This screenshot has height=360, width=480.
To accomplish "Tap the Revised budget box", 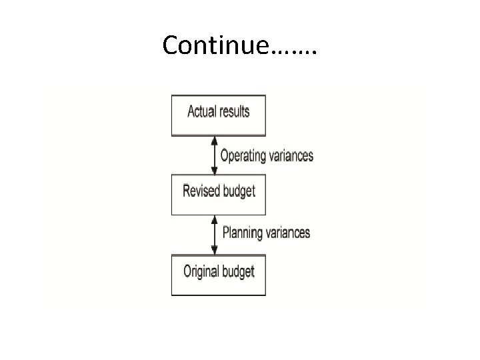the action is point(218,194).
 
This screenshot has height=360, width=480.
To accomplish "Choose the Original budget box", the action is point(218,274).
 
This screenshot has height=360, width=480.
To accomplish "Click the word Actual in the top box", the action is point(203,111).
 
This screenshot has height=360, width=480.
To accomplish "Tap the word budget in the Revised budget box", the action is point(239,191).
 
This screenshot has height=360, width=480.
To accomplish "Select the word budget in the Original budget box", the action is point(239,272).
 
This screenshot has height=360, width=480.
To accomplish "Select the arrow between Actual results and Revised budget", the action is point(214,155).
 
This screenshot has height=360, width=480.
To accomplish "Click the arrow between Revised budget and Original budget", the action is point(214,234).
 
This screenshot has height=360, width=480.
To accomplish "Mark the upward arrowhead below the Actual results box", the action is point(214,140).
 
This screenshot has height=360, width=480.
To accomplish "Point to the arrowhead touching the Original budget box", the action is point(214,250).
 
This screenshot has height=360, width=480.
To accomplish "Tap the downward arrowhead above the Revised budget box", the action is point(214,171).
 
